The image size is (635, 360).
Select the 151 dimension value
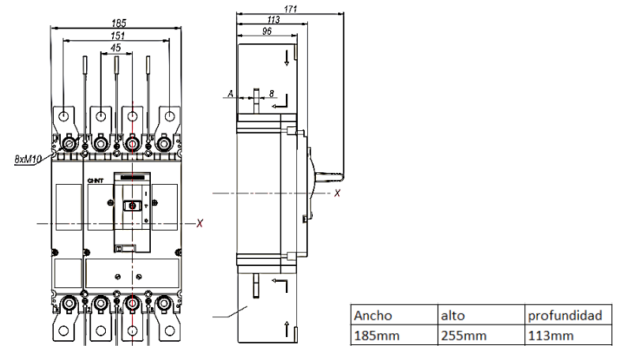point(116,36)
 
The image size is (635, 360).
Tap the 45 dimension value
point(116,48)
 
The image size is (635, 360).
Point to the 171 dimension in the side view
point(290,9)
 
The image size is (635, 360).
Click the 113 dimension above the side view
point(273,20)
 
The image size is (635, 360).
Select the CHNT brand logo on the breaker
point(95,181)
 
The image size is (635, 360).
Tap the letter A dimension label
point(230,94)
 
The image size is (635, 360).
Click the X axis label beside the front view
point(200,224)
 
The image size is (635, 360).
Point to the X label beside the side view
point(337,193)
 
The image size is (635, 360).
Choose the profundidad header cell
point(566,315)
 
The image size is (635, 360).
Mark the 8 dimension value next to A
point(272,94)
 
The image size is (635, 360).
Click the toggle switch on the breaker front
point(132,205)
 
